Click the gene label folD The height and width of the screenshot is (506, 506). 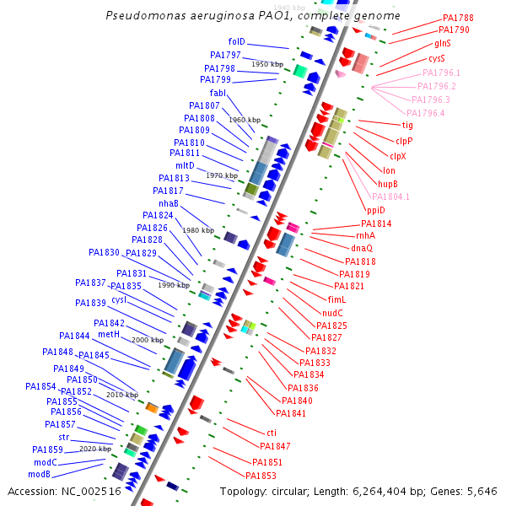coord(236,41)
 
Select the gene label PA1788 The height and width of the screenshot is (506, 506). coord(458,18)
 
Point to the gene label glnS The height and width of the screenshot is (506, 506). coord(443,43)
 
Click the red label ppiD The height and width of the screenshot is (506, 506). coord(375,210)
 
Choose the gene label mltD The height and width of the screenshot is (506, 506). coord(185,165)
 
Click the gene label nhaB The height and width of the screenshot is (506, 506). coord(168,203)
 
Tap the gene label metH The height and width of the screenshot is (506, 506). coord(109,335)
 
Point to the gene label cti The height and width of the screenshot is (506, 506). coord(272,433)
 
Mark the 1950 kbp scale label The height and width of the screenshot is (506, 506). coord(267,64)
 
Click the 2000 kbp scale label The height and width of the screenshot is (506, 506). coord(148,340)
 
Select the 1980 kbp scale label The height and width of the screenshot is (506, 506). coord(198,230)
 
